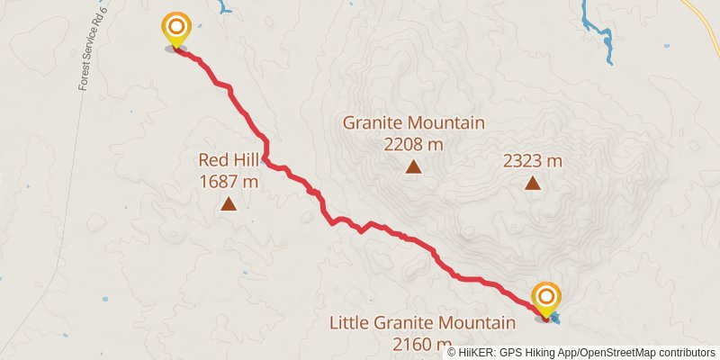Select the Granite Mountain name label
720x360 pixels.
click(x=413, y=123)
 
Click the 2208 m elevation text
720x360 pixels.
click(x=413, y=143)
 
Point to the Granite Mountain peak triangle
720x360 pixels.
click(x=413, y=166)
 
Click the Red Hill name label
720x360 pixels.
click(x=229, y=161)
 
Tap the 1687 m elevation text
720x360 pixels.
click(x=229, y=181)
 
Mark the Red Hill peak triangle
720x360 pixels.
click(x=229, y=204)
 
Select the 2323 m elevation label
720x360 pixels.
click(x=533, y=161)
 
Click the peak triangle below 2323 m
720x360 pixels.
click(x=533, y=184)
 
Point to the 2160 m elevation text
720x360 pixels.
click(x=422, y=343)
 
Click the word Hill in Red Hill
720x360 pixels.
click(x=247, y=161)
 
